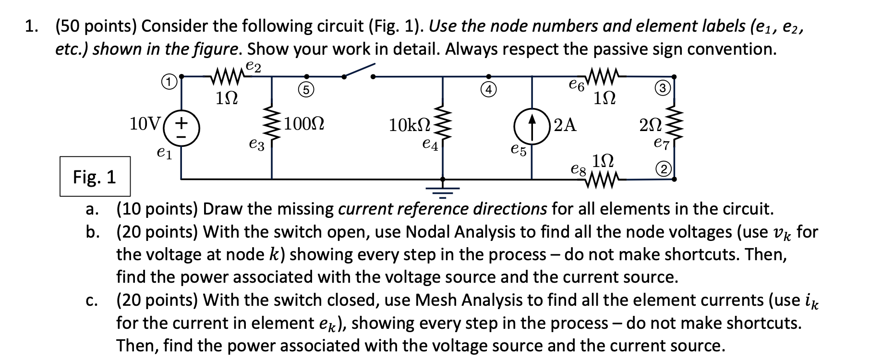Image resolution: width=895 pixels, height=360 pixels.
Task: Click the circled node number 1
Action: (166, 82)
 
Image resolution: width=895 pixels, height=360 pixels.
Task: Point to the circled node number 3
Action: (662, 88)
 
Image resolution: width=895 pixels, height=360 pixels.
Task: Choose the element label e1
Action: (164, 154)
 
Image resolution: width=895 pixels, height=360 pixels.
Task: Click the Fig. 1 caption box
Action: (95, 177)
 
